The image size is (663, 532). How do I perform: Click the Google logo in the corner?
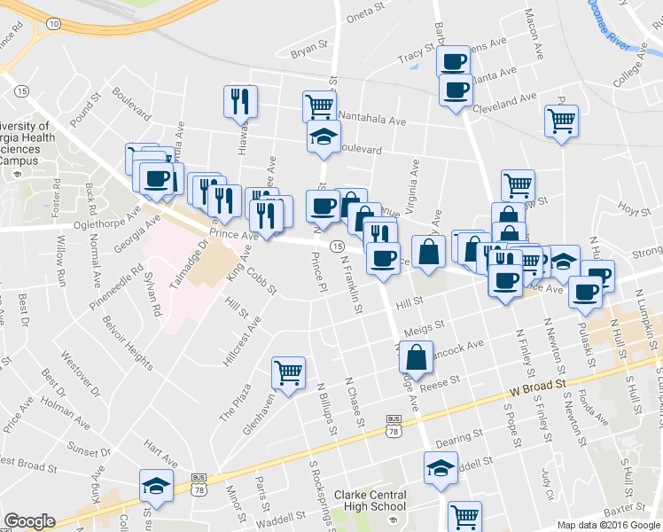[29, 521]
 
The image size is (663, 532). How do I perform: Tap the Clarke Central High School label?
[370, 501]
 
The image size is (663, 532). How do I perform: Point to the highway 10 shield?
[54, 24]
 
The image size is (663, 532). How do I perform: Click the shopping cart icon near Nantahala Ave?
[319, 106]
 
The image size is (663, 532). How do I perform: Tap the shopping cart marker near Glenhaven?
[289, 373]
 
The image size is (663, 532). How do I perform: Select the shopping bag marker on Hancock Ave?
[416, 357]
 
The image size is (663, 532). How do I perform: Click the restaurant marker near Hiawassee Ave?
[239, 101]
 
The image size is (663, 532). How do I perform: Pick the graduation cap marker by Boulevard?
[324, 137]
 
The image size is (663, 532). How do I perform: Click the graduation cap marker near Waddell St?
[441, 467]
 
